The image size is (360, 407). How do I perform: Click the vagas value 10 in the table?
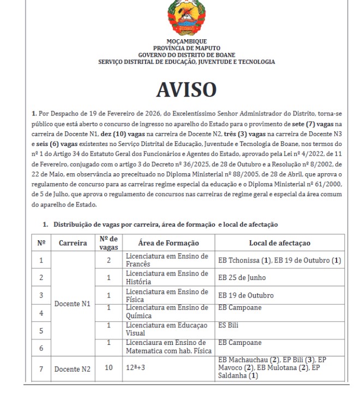point(108,369)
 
